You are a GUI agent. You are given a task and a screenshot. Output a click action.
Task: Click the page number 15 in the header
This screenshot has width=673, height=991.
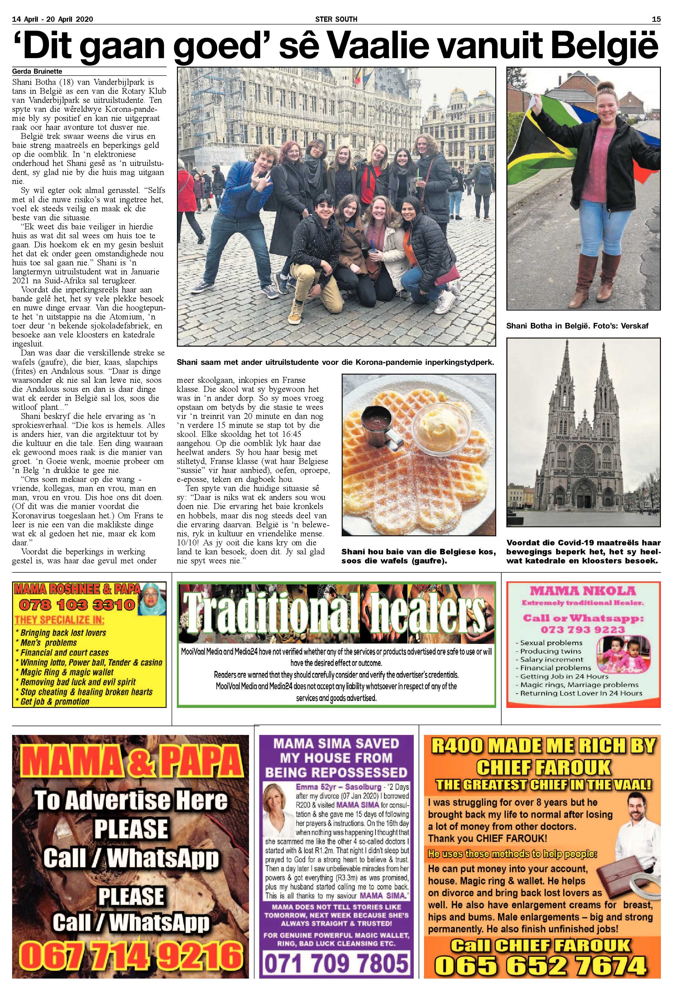coord(656,19)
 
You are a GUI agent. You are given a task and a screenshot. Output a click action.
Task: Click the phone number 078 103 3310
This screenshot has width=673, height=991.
coord(77,605)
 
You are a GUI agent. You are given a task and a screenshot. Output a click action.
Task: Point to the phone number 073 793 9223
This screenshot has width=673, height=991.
coord(583,629)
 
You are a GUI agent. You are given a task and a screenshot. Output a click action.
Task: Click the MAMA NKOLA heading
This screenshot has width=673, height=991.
coord(583,591)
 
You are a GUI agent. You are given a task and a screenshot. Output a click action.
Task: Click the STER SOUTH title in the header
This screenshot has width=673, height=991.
coord(336,19)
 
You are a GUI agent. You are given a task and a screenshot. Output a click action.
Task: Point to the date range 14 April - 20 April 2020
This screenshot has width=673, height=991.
coord(53,19)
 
